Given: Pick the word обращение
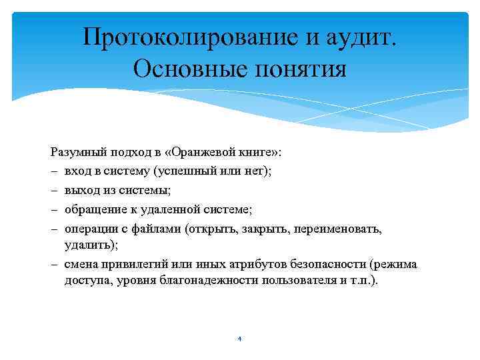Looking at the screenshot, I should click(93, 209).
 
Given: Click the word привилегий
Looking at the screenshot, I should click(128, 264).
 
